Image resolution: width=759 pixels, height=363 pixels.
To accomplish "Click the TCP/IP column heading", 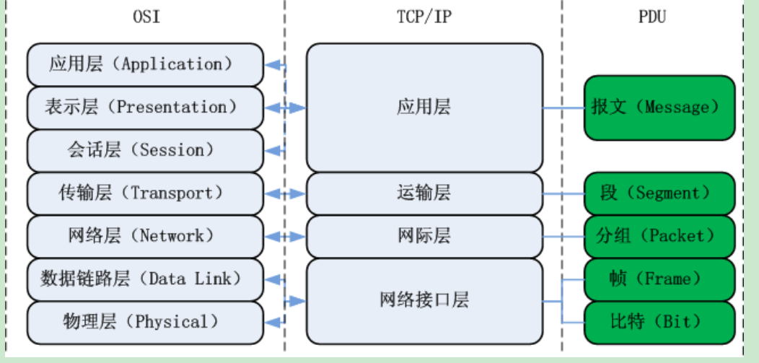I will pyautogui.click(x=424, y=17).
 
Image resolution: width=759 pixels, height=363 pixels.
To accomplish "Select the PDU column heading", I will pyautogui.click(x=651, y=17).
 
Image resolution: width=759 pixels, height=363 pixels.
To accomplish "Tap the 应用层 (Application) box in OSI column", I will pyautogui.click(x=145, y=64).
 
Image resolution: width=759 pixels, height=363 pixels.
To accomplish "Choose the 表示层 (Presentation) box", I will pyautogui.click(x=145, y=108).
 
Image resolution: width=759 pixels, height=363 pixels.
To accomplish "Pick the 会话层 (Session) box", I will pyautogui.click(x=145, y=150).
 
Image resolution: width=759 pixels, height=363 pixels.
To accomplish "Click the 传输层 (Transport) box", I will pyautogui.click(x=145, y=193).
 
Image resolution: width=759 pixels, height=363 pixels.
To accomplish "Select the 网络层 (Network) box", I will pyautogui.click(x=145, y=236).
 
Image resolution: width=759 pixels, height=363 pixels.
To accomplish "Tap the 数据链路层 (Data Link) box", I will pyautogui.click(x=145, y=279).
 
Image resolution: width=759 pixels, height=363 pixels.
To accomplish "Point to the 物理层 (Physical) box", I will pyautogui.click(x=145, y=322).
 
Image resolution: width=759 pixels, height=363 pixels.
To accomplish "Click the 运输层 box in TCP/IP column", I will pyautogui.click(x=424, y=193).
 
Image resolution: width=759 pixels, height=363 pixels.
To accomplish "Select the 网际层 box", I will pyautogui.click(x=424, y=236).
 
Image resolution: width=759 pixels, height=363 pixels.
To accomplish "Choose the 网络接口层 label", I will pyautogui.click(x=424, y=299).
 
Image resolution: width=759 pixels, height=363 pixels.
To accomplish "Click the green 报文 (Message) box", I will pyautogui.click(x=659, y=108).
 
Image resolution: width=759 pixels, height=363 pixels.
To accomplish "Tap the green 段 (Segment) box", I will pyautogui.click(x=659, y=193).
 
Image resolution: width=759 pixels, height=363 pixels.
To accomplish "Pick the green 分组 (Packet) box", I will pyautogui.click(x=659, y=236).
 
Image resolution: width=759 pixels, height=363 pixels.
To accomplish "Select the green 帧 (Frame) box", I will pyautogui.click(x=659, y=279).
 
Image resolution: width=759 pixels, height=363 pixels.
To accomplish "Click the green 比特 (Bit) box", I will pyautogui.click(x=659, y=322).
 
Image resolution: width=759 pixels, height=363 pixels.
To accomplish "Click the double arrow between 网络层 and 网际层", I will pyautogui.click(x=286, y=237).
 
